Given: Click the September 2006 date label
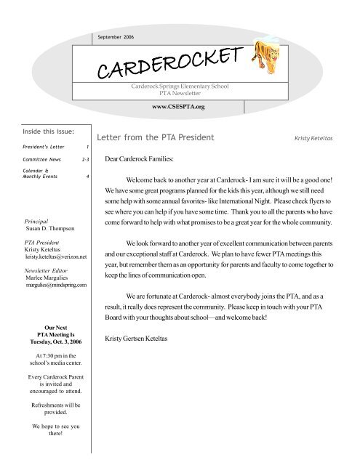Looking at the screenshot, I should click(x=119, y=36).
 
